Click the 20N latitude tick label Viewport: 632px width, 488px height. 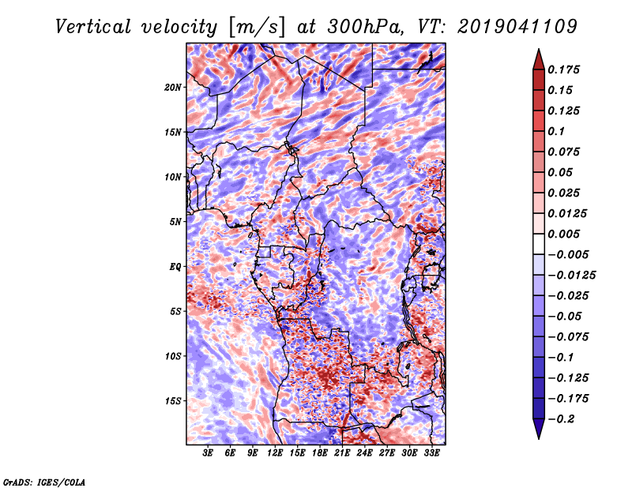coord(173,88)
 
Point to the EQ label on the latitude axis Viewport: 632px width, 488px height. coord(175,267)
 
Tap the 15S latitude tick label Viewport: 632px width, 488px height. coord(173,401)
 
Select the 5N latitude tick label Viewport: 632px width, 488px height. coord(175,222)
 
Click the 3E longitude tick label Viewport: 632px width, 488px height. coord(208,453)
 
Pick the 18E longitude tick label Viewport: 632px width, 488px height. coord(320,453)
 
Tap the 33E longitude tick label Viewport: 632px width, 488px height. coord(431,453)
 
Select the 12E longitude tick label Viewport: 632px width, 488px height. coord(275,453)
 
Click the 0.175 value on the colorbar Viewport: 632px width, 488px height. coord(563,69)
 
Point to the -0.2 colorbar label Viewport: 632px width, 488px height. coord(561,419)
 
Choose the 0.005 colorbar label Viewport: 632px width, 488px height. coord(563,234)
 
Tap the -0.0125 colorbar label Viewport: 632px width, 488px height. coord(571,276)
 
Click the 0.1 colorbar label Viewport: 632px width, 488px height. coord(556,131)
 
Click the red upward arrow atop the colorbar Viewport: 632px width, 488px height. coord(539,60)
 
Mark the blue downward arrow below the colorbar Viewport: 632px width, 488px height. coord(539,429)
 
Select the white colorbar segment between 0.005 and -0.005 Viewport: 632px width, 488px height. coord(539,244)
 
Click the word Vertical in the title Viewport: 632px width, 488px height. coord(93,27)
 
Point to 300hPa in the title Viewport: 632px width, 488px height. coord(365,27)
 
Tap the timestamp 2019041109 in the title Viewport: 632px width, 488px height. coord(517,27)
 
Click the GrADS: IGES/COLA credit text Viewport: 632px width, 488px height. coord(44,482)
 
